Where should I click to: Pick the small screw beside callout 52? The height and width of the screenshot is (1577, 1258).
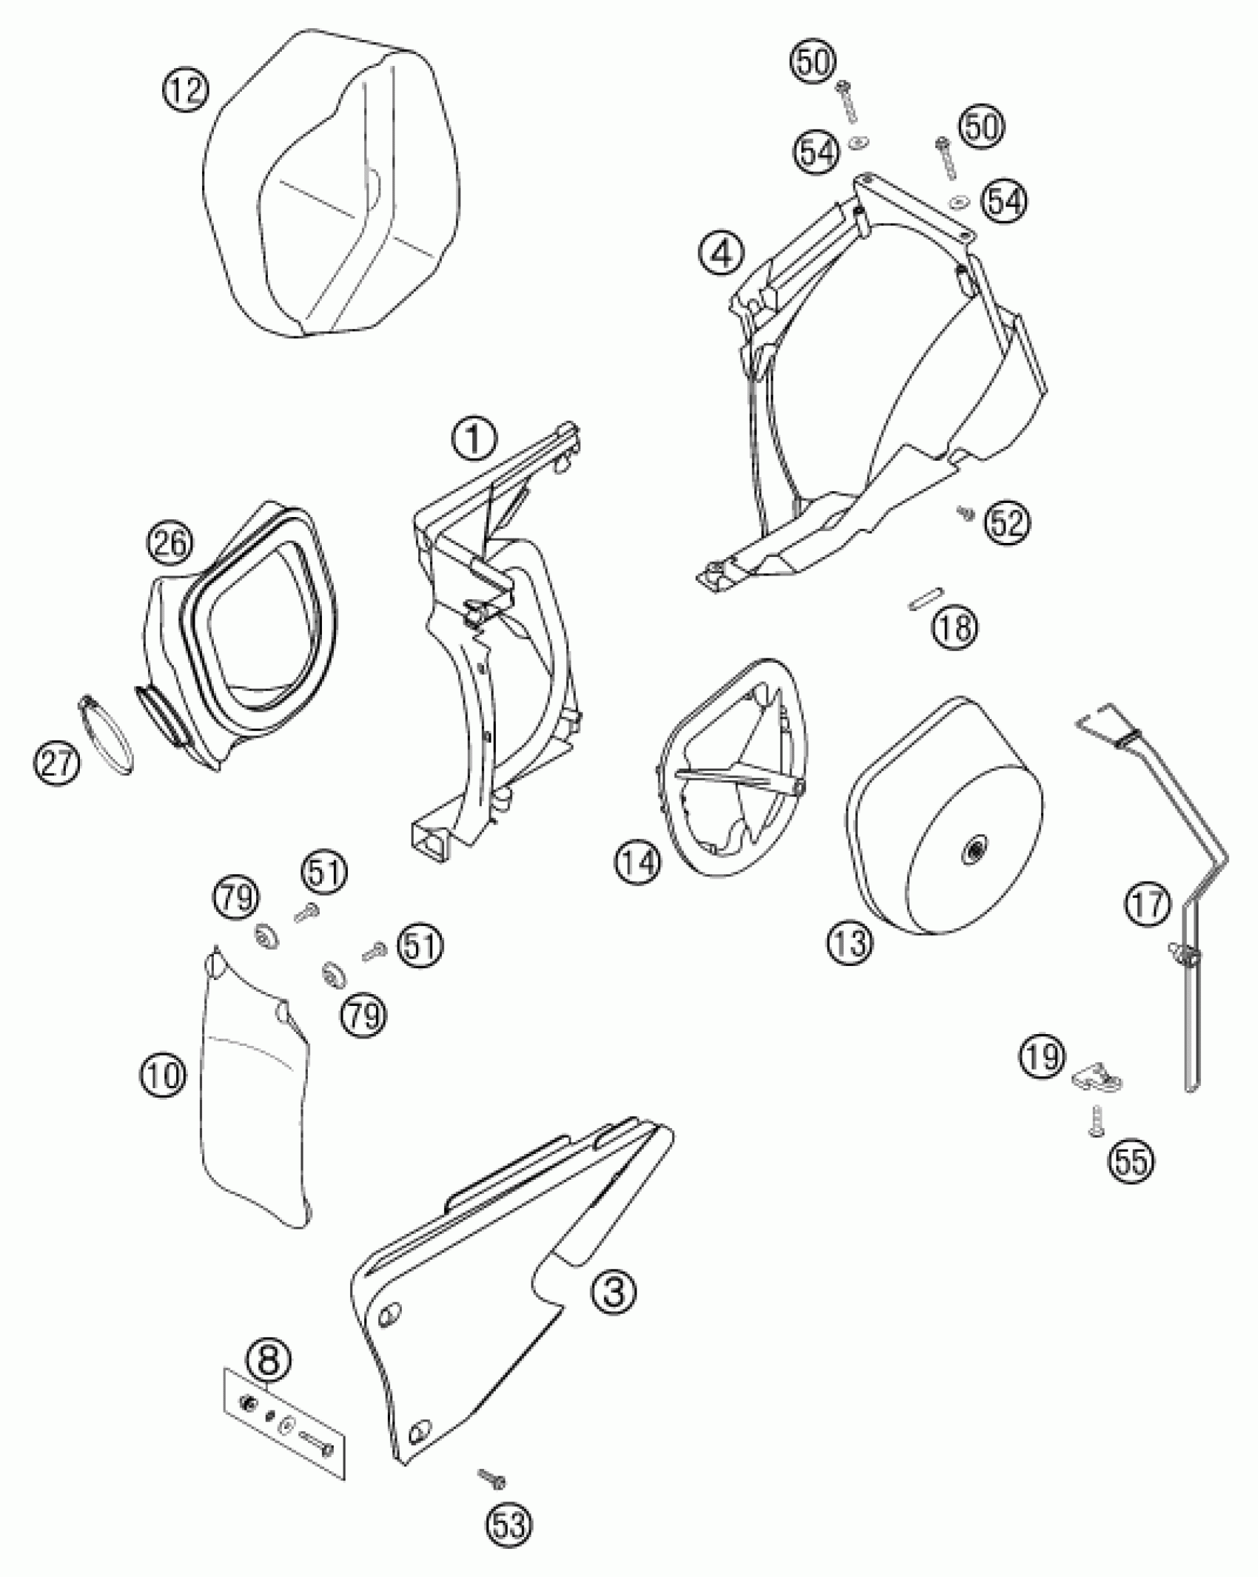[x=965, y=512]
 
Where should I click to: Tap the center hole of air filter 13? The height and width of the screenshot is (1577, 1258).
[x=972, y=853]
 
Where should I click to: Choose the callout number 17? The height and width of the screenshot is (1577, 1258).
[x=1148, y=905]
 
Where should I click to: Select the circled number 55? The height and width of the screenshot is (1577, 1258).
[x=1131, y=1161]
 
